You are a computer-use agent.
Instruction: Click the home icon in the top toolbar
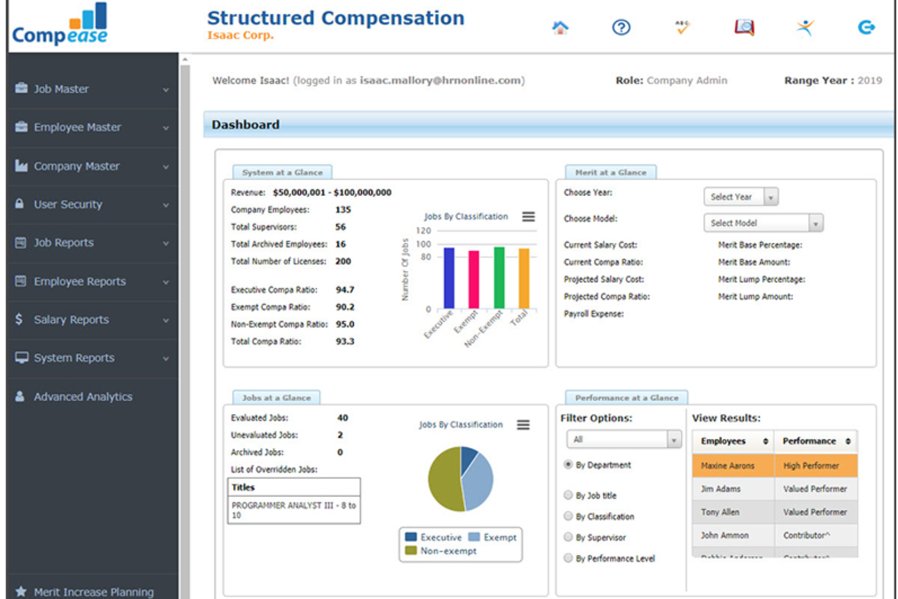pyautogui.click(x=560, y=27)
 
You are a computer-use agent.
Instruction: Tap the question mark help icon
pyautogui.click(x=621, y=27)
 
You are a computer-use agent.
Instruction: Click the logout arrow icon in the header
pyautogui.click(x=866, y=27)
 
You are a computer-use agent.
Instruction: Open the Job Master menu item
pyautogui.click(x=61, y=89)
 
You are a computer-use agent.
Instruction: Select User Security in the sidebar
pyautogui.click(x=68, y=205)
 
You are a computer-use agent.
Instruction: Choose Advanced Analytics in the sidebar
pyautogui.click(x=83, y=397)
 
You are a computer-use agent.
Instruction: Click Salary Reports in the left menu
pyautogui.click(x=71, y=320)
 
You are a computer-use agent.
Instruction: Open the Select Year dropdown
pyautogui.click(x=740, y=197)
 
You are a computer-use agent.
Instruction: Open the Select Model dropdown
pyautogui.click(x=763, y=223)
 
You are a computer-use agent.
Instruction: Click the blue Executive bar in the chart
pyautogui.click(x=449, y=278)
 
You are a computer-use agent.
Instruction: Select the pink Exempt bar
pyautogui.click(x=474, y=280)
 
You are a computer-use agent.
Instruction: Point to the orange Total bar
pyautogui.click(x=524, y=279)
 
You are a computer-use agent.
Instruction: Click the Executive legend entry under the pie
pyautogui.click(x=434, y=538)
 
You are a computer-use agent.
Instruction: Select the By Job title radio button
pyautogui.click(x=569, y=495)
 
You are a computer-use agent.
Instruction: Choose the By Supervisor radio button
pyautogui.click(x=569, y=537)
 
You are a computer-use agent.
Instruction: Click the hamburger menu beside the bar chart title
pyautogui.click(x=528, y=217)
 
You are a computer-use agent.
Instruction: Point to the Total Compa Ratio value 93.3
pyautogui.click(x=345, y=342)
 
